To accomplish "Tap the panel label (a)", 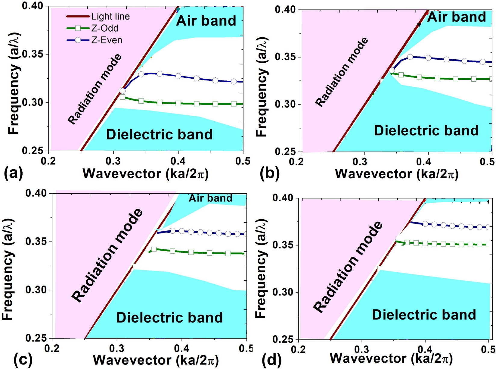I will [13, 174].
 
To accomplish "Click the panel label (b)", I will [269, 174].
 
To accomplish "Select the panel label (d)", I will [271, 359].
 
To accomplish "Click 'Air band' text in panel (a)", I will [206, 21].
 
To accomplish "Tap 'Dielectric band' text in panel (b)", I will [426, 130].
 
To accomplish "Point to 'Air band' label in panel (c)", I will [210, 198].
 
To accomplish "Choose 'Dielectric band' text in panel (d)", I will [424, 314].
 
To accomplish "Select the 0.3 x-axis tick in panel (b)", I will [363, 162].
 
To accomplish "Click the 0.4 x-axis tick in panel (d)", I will [425, 349].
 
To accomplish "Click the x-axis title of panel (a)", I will [145, 174].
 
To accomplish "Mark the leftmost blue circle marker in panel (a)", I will [122, 91].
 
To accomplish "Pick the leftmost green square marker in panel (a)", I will [122, 97].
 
